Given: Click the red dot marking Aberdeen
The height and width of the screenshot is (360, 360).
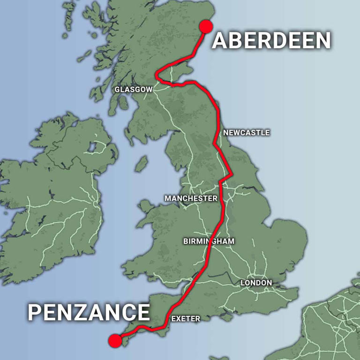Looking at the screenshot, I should (206, 26).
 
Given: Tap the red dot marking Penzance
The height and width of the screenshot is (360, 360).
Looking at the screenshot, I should (115, 341).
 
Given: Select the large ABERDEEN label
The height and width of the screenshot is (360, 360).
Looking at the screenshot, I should (271, 41).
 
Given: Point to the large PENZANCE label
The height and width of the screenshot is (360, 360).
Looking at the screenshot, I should (89, 312).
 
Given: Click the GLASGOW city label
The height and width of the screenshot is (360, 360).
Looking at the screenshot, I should (134, 89).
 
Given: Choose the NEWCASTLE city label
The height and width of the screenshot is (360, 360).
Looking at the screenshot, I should (246, 133).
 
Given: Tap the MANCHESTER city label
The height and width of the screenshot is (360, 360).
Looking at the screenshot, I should (191, 198).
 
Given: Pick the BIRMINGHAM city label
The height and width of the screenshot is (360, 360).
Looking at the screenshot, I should (209, 241).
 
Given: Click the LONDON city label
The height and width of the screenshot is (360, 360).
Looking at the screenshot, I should (256, 283).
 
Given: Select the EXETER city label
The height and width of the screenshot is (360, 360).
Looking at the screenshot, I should (186, 319).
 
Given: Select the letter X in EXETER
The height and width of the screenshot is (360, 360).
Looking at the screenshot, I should (180, 319).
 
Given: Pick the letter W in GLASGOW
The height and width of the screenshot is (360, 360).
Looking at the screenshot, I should (149, 89).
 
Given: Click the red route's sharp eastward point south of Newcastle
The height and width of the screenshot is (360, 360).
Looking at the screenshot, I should (232, 174).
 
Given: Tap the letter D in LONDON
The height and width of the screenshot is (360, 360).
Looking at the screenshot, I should (262, 283).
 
